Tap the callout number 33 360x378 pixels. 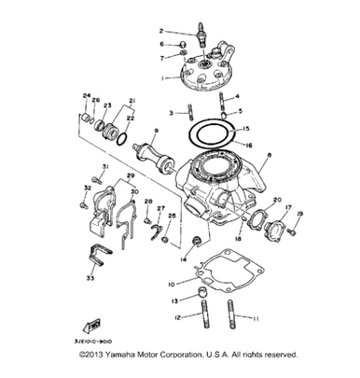(x=90, y=278)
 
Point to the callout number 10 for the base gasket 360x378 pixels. (x=170, y=283)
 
